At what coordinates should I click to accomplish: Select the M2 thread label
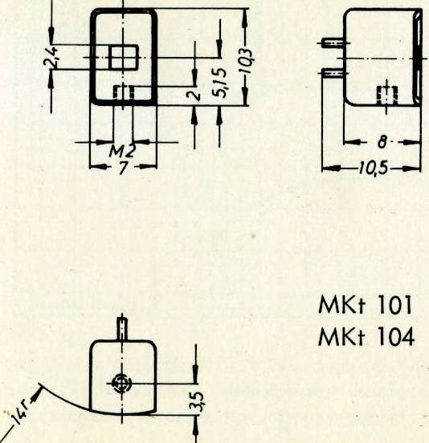pos(122,152)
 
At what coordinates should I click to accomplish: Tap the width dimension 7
pos(123,168)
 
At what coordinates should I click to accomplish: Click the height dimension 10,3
pos(245,61)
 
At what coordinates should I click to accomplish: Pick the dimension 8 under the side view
pos(382,142)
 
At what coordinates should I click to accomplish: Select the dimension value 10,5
pos(373,169)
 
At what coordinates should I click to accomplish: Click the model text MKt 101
pos(365,306)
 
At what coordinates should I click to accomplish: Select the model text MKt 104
pos(366,337)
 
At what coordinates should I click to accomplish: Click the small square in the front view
pos(123,58)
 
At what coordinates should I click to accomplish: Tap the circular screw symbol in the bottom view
pos(122,384)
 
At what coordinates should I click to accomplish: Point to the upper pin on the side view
pos(333,43)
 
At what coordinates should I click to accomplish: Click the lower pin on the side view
pos(333,73)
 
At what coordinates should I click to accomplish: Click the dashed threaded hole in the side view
pos(387,96)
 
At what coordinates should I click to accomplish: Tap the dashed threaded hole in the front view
pos(124,92)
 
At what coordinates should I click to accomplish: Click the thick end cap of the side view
pos(418,57)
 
